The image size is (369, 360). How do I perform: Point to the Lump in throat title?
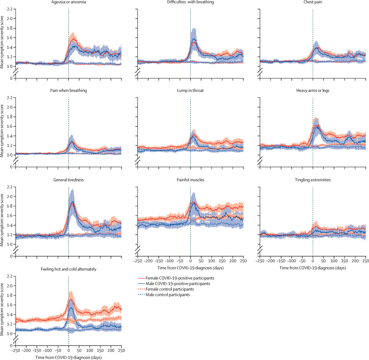pyautogui.click(x=190, y=90)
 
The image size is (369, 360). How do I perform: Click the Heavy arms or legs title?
pyautogui.click(x=313, y=90)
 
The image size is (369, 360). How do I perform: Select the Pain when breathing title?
pyautogui.click(x=68, y=90)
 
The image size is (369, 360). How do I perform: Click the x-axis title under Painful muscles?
pyautogui.click(x=190, y=268)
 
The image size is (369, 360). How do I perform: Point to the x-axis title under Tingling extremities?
pyautogui.click(x=313, y=268)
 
